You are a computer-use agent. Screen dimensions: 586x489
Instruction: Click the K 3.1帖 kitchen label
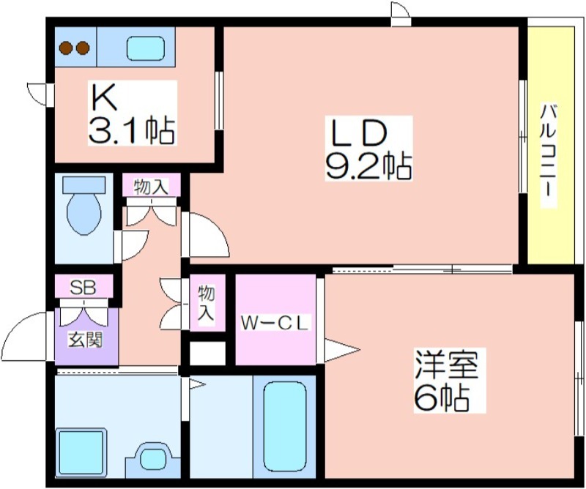pos(132,113)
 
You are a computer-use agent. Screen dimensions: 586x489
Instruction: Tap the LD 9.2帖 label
pos(368,149)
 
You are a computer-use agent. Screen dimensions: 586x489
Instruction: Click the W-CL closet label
pos(275,324)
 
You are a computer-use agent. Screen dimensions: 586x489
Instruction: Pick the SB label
pos(84,288)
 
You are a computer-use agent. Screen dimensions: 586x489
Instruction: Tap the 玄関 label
pos(85,340)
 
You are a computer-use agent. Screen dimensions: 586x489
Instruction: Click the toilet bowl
pos(84,214)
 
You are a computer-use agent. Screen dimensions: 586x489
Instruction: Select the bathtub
pos(285,427)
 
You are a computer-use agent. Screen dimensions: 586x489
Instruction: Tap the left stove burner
pos(67,48)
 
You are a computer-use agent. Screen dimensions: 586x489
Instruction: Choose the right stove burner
pos(83,48)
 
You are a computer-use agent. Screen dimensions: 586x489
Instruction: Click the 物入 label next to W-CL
pos(207,303)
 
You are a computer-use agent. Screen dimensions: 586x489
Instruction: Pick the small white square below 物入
pos(208,353)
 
